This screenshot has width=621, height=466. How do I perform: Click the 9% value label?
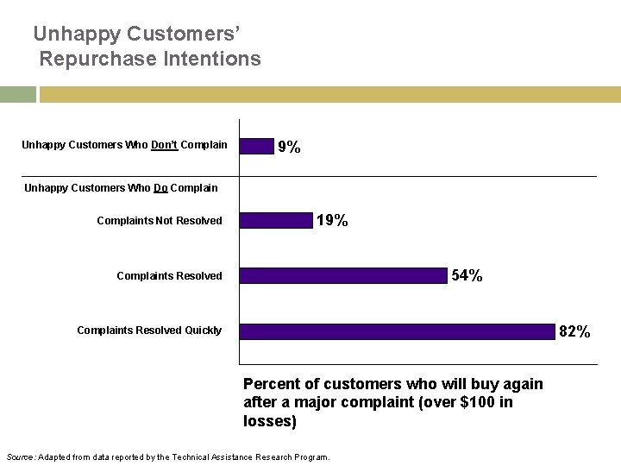pos(289,148)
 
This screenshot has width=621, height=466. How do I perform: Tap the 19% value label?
pos(332,221)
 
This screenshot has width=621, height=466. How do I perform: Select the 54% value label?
pos(467,276)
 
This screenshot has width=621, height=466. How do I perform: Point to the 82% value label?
pos(574,331)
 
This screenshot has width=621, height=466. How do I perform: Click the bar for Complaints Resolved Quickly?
pos(397,331)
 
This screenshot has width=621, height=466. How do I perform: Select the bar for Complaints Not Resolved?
pos(276,221)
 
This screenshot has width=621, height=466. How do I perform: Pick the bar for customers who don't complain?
pos(256,146)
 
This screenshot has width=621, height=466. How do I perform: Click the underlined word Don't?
pos(164,145)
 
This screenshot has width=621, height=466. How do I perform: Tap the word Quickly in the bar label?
pos(204,331)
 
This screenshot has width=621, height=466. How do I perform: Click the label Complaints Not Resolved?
pos(159,221)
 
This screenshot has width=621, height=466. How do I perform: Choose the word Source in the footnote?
pos(19,457)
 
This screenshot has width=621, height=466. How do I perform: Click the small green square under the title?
pos(17,94)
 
